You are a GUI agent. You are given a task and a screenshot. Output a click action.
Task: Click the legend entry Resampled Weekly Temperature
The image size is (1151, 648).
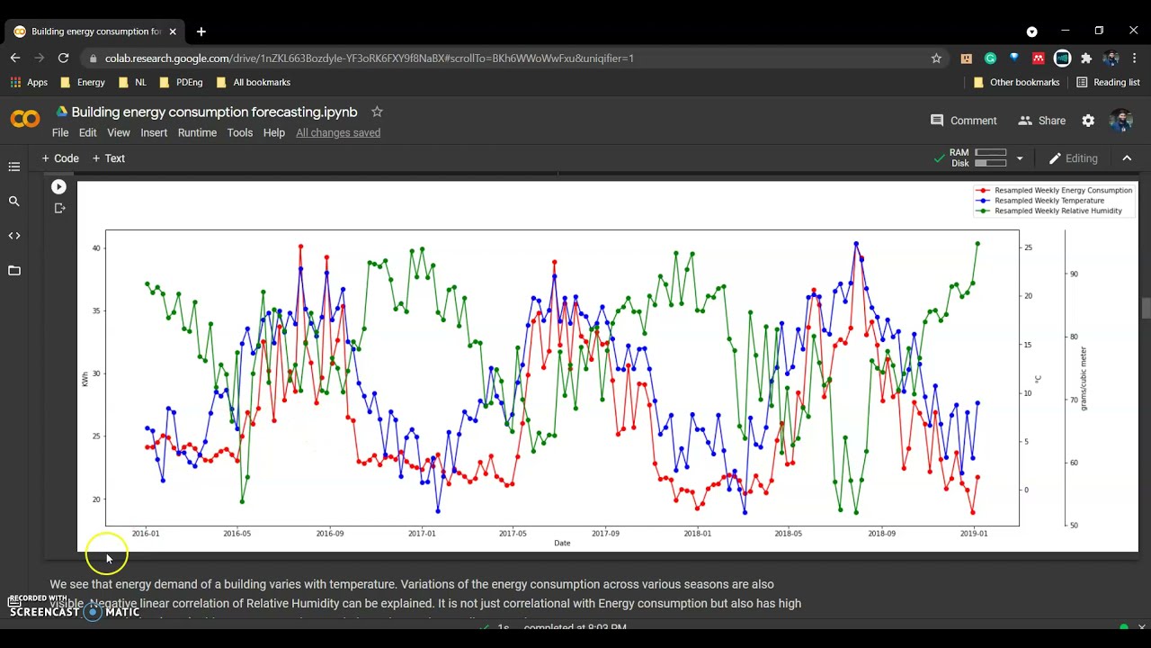(x=1048, y=201)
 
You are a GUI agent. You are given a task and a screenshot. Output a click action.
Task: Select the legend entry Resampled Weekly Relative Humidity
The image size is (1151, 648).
(x=1057, y=211)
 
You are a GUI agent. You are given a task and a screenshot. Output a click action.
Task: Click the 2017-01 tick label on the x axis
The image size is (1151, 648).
(x=422, y=534)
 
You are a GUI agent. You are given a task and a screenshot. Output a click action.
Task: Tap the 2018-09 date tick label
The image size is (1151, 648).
(x=881, y=534)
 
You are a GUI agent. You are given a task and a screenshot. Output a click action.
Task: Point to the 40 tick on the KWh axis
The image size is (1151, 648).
(x=96, y=248)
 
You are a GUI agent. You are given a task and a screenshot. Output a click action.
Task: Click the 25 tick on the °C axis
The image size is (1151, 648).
(x=1028, y=247)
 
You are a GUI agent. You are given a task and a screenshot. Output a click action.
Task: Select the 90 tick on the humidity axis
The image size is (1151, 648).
(x=1074, y=274)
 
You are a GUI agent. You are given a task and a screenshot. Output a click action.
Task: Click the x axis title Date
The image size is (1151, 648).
(x=562, y=544)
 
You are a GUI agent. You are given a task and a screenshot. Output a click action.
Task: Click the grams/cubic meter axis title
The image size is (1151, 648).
(x=1084, y=379)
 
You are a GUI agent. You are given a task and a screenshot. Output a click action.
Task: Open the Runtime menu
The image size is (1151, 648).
(x=197, y=132)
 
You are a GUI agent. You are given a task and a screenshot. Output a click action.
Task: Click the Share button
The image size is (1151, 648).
(x=1042, y=121)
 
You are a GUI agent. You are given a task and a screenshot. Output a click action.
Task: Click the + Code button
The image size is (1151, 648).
(x=60, y=158)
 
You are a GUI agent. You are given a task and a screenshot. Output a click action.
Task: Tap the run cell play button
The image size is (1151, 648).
(x=58, y=187)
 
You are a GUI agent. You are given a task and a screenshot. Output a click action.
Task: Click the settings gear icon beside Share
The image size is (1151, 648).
(x=1088, y=121)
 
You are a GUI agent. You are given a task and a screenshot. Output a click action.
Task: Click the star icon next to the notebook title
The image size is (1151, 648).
(x=377, y=112)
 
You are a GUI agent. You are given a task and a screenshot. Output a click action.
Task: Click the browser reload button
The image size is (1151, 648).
(x=63, y=58)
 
